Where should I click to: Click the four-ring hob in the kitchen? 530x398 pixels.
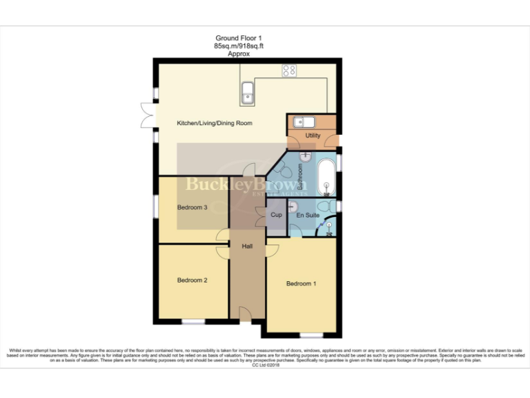point(288,70)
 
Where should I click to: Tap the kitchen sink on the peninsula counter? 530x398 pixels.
point(247,90)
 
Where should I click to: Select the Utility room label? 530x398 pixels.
point(313,135)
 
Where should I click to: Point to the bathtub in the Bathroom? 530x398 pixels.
point(326,178)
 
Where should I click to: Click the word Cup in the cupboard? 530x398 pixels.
point(276,215)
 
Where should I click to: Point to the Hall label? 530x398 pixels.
point(247,246)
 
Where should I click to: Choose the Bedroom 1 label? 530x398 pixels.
point(302,283)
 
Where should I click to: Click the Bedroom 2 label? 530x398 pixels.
point(193,280)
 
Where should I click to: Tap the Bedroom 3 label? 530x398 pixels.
point(193,207)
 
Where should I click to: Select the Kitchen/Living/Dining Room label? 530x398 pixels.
point(215,123)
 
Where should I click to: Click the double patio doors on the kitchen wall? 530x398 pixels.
point(147,115)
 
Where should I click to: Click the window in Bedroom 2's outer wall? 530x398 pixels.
point(193,322)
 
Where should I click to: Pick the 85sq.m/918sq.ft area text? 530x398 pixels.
point(239,46)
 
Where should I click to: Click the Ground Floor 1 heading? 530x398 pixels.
point(239,38)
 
